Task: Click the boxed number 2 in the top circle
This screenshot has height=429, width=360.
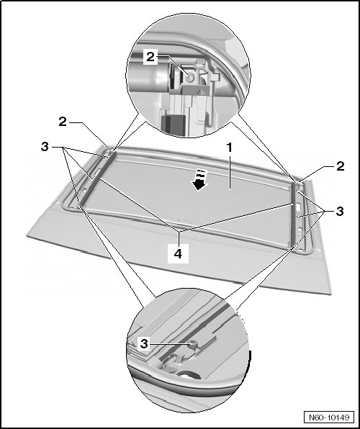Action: pos(150,57)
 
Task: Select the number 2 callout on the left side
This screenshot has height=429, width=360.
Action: pos(63,122)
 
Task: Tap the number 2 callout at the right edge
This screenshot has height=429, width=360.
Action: pos(341,166)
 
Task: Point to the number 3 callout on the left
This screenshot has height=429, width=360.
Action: pos(45,147)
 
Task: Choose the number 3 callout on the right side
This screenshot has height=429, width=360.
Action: pos(340,211)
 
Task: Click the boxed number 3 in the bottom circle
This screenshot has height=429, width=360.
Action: pos(144,343)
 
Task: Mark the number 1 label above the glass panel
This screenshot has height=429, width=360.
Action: pos(230,148)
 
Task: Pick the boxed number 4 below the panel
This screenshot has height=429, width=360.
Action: pos(178,253)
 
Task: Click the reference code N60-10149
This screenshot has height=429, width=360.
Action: pos(329,417)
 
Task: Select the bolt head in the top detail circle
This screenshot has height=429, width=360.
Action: pos(189,78)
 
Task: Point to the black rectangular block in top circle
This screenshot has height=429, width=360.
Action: pos(174,126)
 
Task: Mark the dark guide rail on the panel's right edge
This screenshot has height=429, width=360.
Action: pos(294,215)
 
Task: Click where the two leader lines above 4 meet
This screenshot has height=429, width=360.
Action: pos(179,232)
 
